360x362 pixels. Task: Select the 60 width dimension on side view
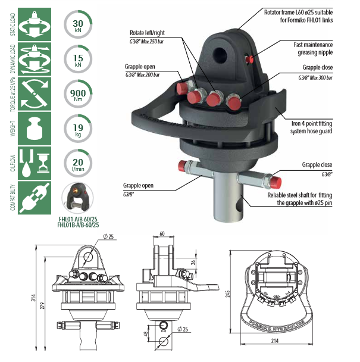pyautogui.click(x=162, y=234)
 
